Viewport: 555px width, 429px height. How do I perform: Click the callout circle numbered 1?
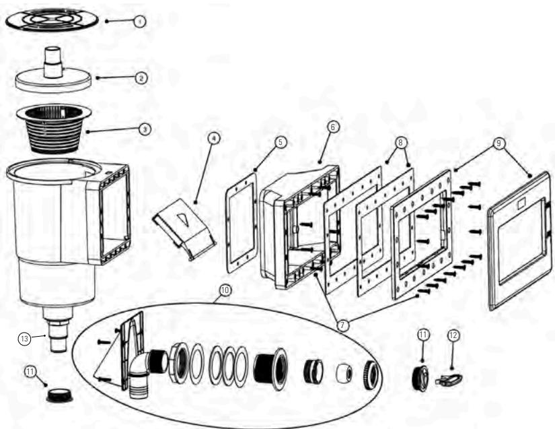click(x=139, y=22)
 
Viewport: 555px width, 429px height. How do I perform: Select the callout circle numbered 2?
click(x=141, y=78)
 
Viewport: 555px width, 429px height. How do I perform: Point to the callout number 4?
click(x=213, y=138)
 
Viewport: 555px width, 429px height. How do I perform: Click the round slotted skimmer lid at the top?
click(x=52, y=20)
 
